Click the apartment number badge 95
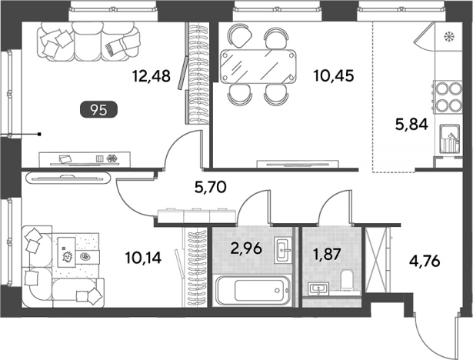click(98, 109)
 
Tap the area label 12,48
click(152, 75)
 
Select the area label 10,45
click(334, 75)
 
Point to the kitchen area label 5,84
click(411, 124)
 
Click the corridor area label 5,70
click(211, 188)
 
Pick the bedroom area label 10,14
click(143, 258)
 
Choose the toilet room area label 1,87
click(327, 254)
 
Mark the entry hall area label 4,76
click(425, 261)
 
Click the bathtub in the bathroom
click(252, 290)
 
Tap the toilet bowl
click(346, 280)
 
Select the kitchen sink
click(449, 138)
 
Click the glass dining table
click(258, 66)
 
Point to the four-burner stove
click(448, 97)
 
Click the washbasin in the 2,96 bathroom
click(283, 249)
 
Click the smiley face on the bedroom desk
click(67, 257)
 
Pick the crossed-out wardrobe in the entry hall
click(376, 260)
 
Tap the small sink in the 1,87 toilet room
click(319, 288)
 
